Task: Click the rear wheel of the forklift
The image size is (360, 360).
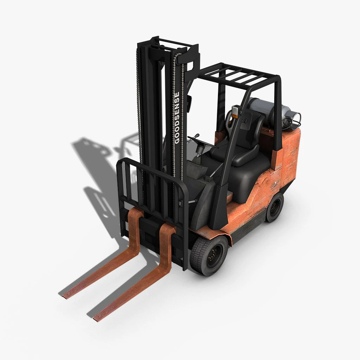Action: click(274, 207)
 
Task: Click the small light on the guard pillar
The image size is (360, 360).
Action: click(235, 111)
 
